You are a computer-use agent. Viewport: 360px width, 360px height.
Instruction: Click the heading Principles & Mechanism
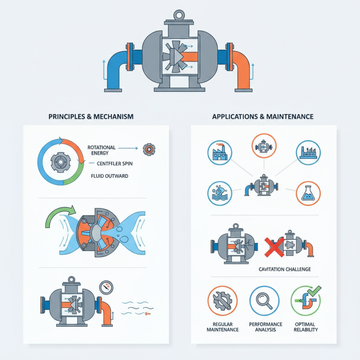(x=91, y=117)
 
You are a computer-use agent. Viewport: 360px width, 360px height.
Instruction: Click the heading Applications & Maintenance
(x=263, y=117)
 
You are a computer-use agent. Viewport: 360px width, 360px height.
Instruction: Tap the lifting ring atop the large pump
(x=179, y=15)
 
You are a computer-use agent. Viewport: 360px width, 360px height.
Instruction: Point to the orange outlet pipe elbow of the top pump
(x=241, y=67)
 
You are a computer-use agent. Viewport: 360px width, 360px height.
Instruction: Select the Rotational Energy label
(x=101, y=150)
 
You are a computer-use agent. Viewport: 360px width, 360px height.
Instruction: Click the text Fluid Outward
(x=109, y=176)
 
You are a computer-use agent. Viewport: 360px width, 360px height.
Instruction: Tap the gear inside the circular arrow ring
(x=60, y=162)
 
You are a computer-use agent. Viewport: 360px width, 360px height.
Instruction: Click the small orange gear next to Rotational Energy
(x=149, y=149)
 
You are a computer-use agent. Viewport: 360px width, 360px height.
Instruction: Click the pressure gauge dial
(x=106, y=288)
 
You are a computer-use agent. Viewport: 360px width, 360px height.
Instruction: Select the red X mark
(x=274, y=247)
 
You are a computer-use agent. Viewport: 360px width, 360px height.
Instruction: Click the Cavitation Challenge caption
(x=285, y=269)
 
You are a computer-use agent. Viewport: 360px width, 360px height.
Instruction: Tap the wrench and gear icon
(x=222, y=301)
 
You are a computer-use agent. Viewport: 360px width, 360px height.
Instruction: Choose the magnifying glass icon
(x=264, y=301)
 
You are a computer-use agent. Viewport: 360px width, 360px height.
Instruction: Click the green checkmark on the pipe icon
(x=314, y=291)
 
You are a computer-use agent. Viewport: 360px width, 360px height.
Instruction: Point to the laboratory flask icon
(x=308, y=193)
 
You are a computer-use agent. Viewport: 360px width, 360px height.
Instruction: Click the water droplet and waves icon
(x=220, y=193)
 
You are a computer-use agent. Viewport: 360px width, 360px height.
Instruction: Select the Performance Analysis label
(x=265, y=327)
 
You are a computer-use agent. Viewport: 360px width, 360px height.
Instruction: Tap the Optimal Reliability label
(x=306, y=327)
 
